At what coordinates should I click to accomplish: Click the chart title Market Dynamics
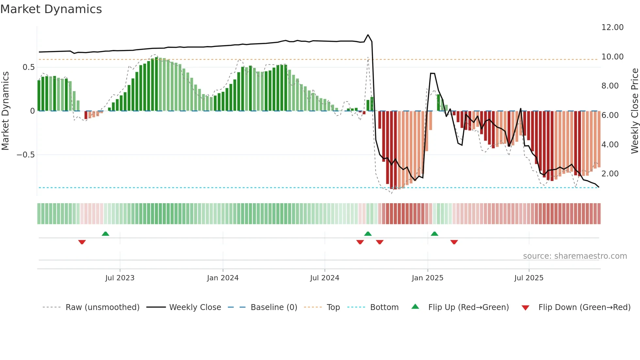pos(51,9)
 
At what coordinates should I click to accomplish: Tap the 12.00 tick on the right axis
pos(612,27)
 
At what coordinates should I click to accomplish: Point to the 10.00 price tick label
pos(612,57)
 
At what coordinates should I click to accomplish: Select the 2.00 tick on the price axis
pos(610,174)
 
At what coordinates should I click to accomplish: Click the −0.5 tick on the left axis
pos(26,155)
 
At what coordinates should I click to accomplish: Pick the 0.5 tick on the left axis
pos(28,67)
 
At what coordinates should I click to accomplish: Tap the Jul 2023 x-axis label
pos(120,278)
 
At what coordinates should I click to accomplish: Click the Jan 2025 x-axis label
pos(427,278)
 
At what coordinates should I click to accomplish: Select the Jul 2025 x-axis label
pos(529,278)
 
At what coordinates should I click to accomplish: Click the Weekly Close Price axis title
pos(634,111)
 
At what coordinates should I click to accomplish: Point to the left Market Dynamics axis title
pos(5,111)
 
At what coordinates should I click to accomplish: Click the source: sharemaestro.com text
pos(575,256)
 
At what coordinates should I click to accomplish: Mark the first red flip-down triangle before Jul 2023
pos(82,242)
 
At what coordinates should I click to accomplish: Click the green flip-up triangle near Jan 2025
pos(434,234)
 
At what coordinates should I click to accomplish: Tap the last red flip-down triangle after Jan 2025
pos(454,242)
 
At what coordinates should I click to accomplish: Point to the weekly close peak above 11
pos(368,35)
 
